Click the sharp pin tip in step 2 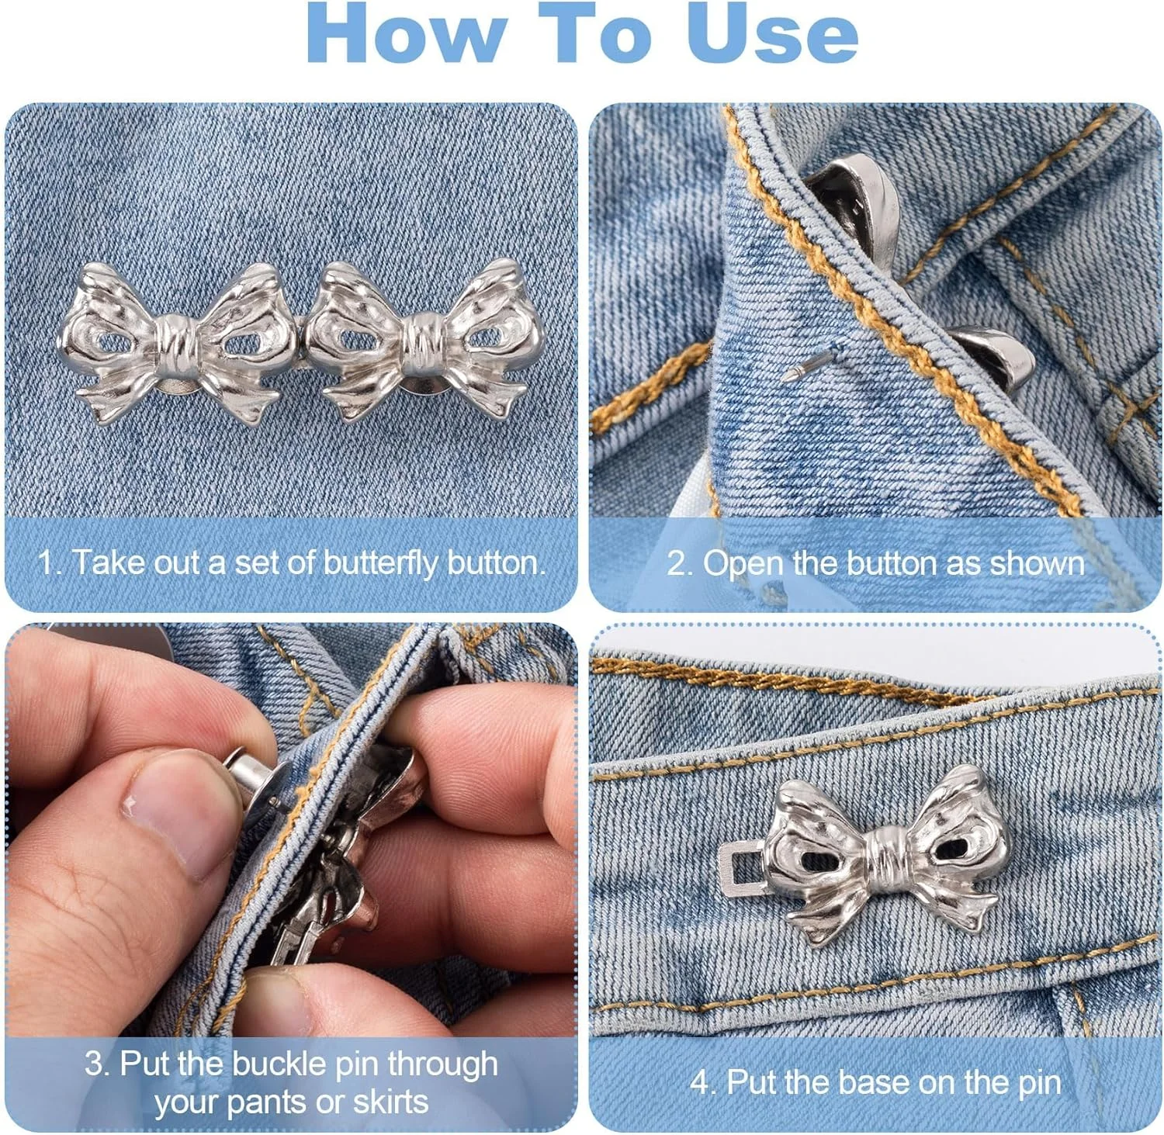click(x=788, y=376)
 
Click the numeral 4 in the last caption click(x=698, y=1081)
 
